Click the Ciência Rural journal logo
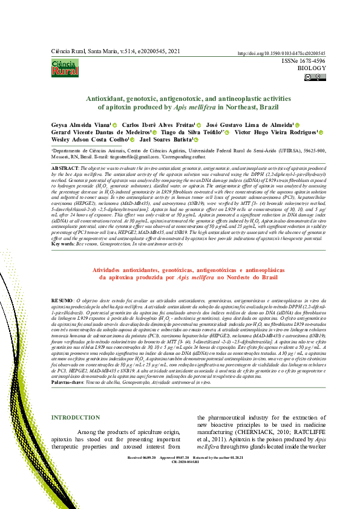tap(64, 68)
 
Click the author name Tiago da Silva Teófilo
tap(194, 132)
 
